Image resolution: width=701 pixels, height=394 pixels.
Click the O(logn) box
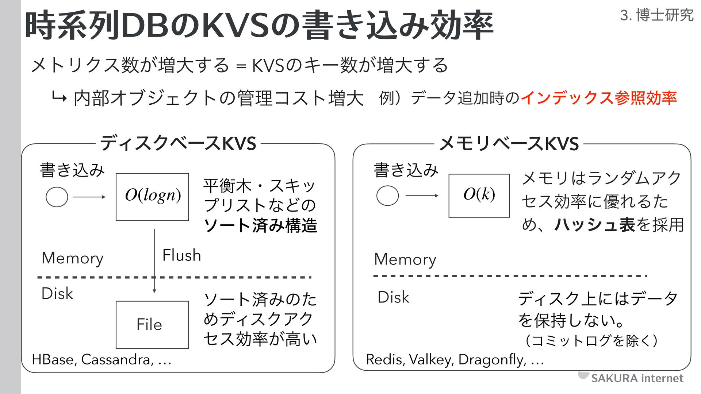(x=152, y=197)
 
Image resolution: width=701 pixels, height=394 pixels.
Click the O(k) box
(x=479, y=196)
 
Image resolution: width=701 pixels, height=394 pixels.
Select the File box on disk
(x=152, y=324)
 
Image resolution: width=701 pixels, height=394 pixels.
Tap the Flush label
(x=181, y=255)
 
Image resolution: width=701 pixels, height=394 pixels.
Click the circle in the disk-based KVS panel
(x=57, y=197)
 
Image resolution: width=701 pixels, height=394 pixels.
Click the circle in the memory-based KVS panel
(x=387, y=196)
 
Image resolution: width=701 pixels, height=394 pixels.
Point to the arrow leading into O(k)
(x=422, y=196)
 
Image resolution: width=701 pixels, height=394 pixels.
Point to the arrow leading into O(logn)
(x=89, y=197)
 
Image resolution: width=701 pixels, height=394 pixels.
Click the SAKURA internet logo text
(x=637, y=378)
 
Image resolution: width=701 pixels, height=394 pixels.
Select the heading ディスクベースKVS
(x=178, y=143)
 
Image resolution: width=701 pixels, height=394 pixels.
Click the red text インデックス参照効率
(x=599, y=98)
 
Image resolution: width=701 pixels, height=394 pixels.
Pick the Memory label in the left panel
(x=72, y=258)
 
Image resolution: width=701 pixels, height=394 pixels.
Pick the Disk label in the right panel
(x=393, y=297)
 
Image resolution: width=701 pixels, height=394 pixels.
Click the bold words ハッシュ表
(x=595, y=224)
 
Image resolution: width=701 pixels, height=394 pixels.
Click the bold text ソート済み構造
(x=260, y=225)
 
